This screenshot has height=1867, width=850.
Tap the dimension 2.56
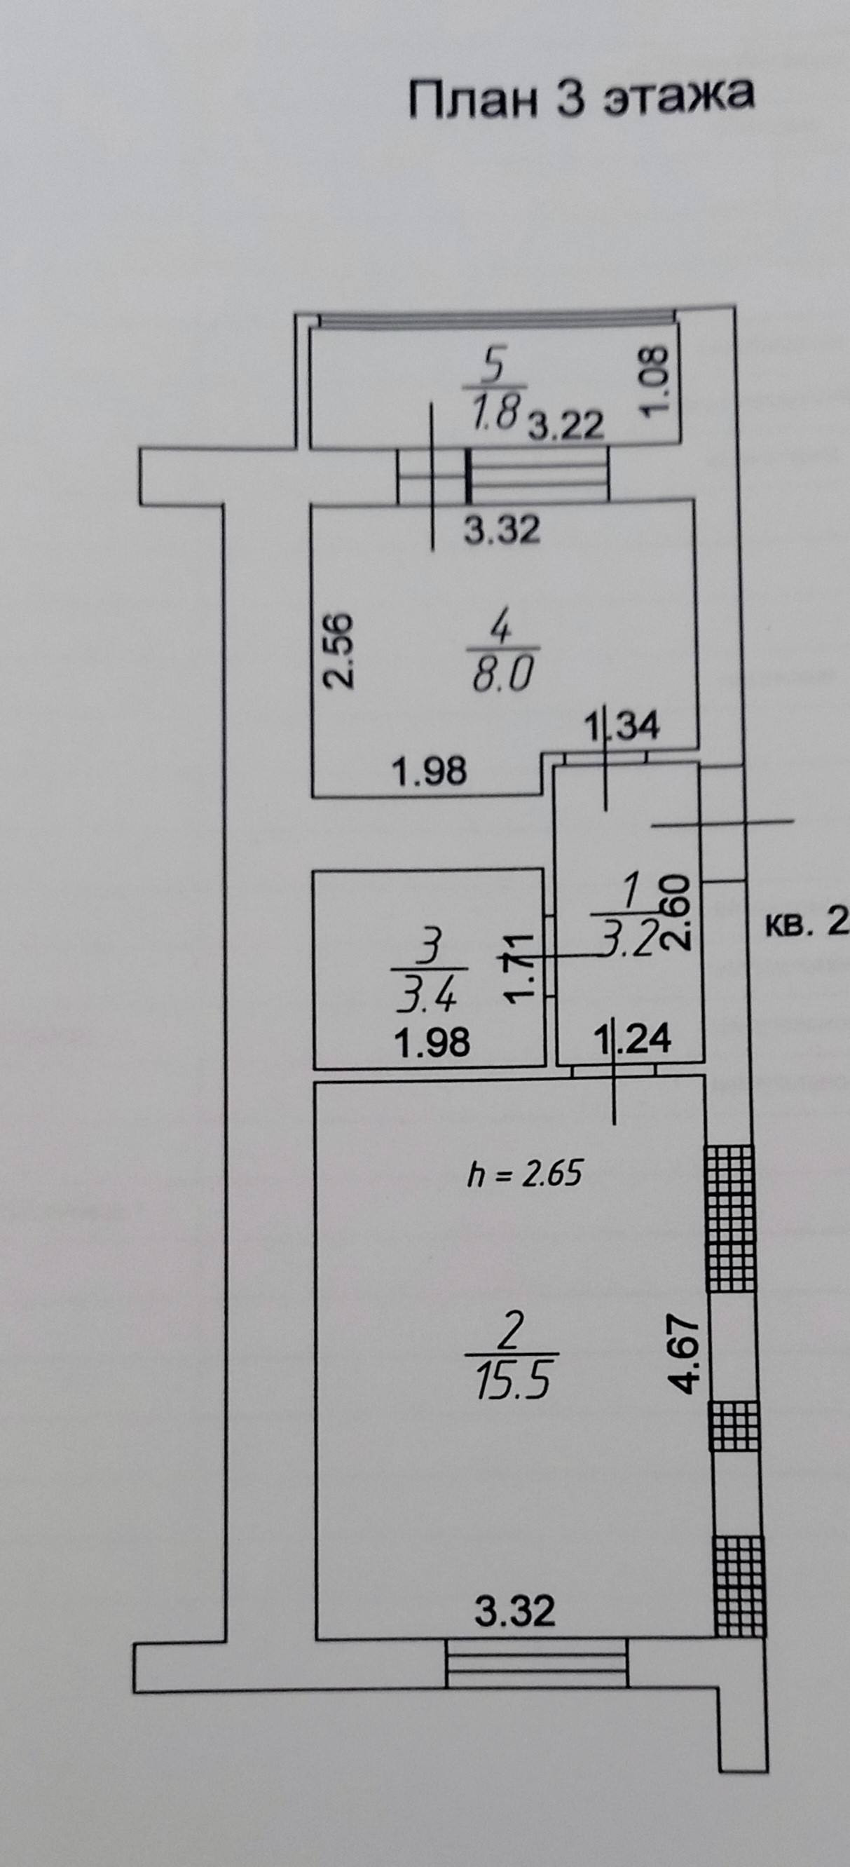coord(338,650)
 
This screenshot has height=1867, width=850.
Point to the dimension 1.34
coord(623,727)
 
